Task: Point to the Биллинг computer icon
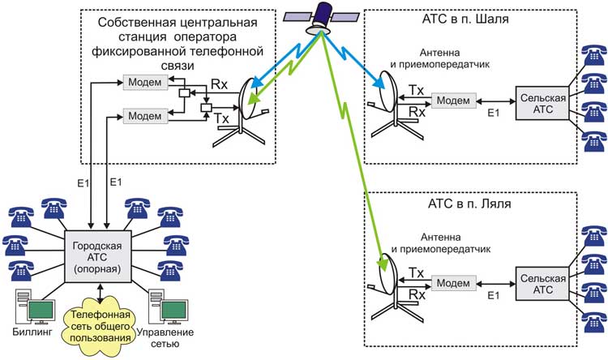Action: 32,308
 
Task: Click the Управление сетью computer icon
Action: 169,308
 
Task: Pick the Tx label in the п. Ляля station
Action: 416,272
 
